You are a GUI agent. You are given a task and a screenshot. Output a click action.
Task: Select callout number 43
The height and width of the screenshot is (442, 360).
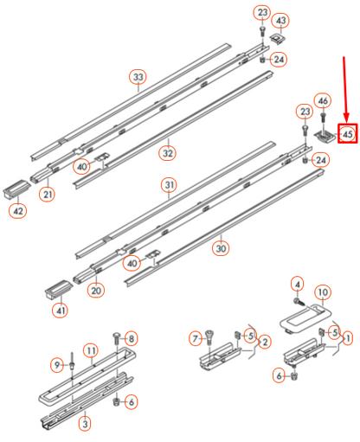281,20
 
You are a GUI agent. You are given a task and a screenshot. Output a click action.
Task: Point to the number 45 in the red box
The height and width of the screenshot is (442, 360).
348,134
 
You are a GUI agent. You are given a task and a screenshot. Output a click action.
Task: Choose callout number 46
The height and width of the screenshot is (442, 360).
322,100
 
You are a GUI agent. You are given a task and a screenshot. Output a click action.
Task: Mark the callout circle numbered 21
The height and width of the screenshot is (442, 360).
47,195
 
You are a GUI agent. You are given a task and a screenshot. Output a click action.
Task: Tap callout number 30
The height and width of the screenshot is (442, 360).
221,248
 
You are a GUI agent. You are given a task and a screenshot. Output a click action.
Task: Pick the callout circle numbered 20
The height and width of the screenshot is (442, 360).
95,291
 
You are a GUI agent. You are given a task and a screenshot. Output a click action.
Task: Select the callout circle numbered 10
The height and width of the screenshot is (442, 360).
322,291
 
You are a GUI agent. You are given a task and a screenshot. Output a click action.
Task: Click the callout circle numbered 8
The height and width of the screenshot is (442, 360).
132,337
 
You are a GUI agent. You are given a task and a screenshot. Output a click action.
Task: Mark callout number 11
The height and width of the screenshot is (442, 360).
88,351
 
